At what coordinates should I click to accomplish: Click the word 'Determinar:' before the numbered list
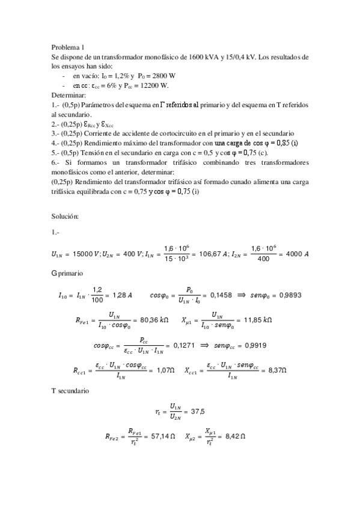[x=69, y=95]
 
